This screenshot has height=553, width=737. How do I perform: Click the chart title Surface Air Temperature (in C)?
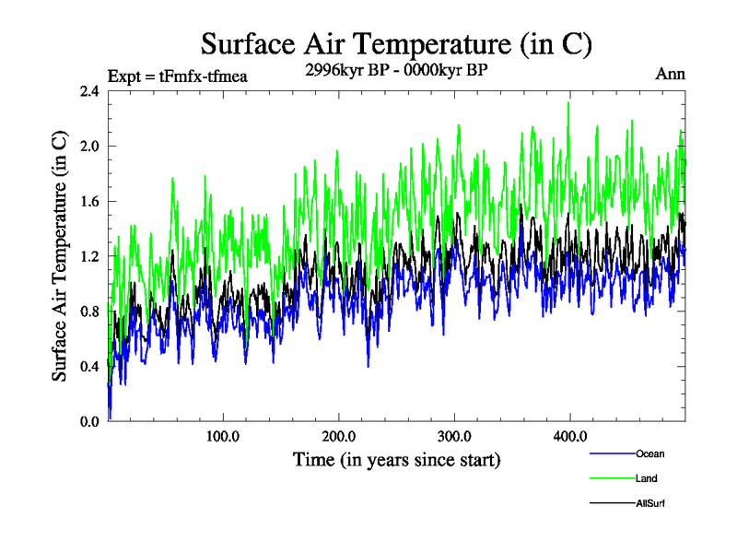click(x=395, y=44)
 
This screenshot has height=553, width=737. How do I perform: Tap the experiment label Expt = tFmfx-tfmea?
click(x=178, y=76)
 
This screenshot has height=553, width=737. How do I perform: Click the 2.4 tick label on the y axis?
click(x=90, y=92)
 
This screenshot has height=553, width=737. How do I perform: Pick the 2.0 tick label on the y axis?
click(x=90, y=147)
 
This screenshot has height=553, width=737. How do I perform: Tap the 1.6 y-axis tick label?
click(x=90, y=202)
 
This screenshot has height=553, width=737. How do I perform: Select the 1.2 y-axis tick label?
click(x=90, y=256)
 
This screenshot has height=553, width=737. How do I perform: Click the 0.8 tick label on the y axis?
click(x=90, y=312)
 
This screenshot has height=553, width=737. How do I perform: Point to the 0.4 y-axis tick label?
click(x=90, y=367)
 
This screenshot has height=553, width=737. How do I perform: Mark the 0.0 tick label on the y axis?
click(x=90, y=421)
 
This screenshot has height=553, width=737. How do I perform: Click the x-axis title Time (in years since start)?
click(x=396, y=459)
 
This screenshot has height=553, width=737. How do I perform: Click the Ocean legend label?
click(x=649, y=453)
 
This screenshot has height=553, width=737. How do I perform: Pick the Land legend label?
click(x=646, y=478)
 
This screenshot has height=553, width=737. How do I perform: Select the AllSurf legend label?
click(x=650, y=503)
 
